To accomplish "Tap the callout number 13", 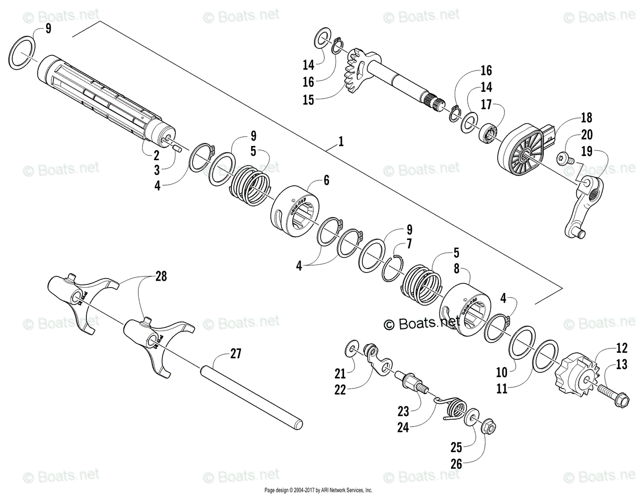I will (x=622, y=365).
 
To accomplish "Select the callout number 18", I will (x=586, y=118).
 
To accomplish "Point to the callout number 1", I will (x=341, y=142).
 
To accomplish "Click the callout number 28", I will (x=161, y=275).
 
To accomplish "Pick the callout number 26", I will (x=456, y=464).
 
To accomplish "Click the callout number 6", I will (x=326, y=180).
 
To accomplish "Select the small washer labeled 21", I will (x=352, y=349).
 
